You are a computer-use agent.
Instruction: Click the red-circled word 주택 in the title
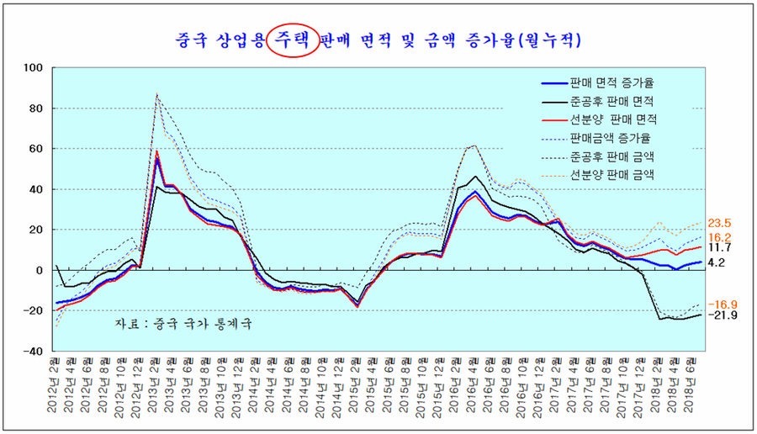tap(292, 39)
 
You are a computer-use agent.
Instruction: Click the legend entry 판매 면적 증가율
tap(611, 82)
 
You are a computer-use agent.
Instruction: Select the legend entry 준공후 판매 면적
tap(611, 101)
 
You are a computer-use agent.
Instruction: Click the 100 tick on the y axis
tap(34, 68)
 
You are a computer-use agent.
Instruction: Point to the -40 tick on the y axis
tap(34, 352)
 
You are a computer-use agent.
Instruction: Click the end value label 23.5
tap(720, 224)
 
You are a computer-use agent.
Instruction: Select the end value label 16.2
tap(720, 238)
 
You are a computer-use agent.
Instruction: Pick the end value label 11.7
tap(720, 248)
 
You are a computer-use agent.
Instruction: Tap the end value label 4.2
tap(717, 262)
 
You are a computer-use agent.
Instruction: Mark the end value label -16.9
tap(722, 304)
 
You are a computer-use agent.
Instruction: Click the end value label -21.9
tap(722, 315)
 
